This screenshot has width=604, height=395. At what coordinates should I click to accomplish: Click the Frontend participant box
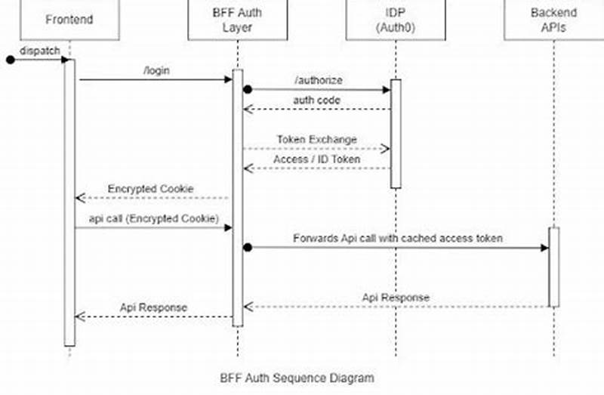[69, 19]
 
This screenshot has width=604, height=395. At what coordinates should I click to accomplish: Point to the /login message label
[156, 70]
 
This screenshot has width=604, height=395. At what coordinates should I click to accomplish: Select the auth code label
[317, 100]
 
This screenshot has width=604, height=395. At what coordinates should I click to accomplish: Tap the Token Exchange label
[316, 139]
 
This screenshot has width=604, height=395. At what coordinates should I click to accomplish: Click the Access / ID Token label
[316, 159]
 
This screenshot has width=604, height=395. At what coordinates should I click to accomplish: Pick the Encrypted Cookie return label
[150, 188]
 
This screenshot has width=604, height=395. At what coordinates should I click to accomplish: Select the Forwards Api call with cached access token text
[398, 238]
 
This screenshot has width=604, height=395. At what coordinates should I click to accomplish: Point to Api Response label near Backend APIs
[396, 297]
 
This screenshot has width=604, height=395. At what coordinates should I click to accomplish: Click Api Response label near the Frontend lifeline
[153, 307]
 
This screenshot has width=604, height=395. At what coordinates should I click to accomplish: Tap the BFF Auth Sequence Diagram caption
[296, 377]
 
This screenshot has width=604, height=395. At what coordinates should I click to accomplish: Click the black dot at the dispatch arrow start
[11, 60]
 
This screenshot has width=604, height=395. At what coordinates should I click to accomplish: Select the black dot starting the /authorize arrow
[247, 89]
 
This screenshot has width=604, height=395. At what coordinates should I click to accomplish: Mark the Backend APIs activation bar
[553, 267]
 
